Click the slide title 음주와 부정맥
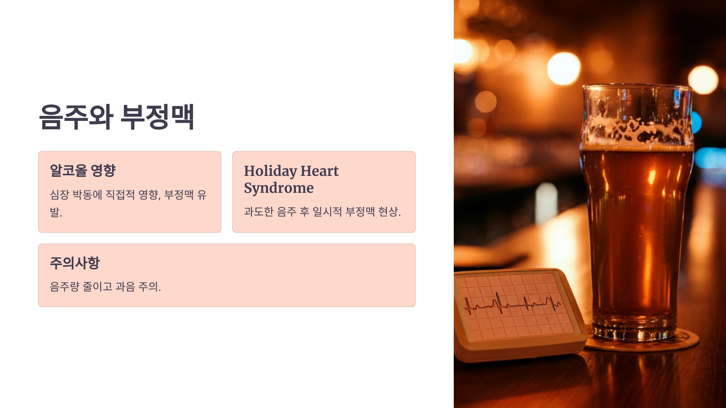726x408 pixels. pos(116,117)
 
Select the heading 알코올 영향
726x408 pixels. pos(83,170)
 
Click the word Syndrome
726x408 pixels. pos(279,188)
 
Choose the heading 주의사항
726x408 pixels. pos(75,263)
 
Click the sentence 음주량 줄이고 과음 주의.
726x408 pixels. pos(105,287)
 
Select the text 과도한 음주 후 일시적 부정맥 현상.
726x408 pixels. pos(322,212)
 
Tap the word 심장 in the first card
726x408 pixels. pos(60,195)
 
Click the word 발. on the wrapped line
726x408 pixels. pos(56,212)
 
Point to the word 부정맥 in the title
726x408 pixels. pos(157,117)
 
